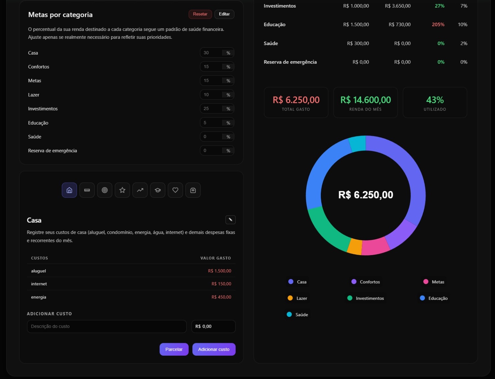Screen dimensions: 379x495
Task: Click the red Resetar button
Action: click(200, 14)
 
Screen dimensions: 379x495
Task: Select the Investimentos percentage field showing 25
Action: click(211, 109)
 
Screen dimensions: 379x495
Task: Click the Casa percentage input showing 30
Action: click(211, 53)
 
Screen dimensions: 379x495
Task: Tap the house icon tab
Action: click(69, 190)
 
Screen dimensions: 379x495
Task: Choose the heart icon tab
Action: click(175, 190)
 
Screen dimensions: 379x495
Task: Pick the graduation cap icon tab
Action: click(158, 190)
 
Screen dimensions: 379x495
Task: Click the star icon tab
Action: click(122, 190)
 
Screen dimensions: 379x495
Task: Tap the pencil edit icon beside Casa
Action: click(230, 220)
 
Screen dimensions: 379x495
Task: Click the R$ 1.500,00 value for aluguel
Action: click(220, 271)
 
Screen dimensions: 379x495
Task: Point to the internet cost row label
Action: click(39, 284)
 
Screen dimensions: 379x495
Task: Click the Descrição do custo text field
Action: click(106, 326)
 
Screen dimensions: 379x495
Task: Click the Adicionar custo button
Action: click(214, 349)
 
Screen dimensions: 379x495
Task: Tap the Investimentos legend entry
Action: click(369, 298)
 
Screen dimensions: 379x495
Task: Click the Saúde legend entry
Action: click(301, 315)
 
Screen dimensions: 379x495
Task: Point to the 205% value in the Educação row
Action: click(438, 25)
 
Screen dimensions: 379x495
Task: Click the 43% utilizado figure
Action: click(435, 100)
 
